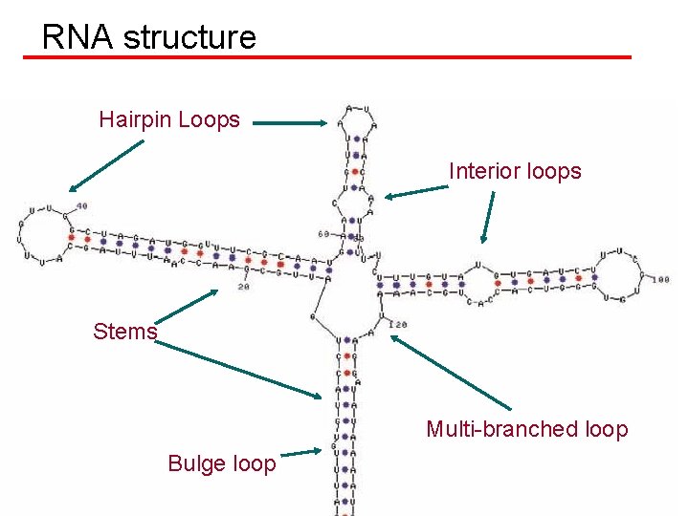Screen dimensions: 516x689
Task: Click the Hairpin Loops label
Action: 169,119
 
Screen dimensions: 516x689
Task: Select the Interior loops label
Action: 515,171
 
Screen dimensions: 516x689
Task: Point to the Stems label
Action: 124,332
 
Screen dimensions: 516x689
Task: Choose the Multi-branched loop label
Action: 526,429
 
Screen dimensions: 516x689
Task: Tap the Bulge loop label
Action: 221,463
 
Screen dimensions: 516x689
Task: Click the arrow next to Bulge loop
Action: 303,454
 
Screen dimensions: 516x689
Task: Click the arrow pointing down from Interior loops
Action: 489,218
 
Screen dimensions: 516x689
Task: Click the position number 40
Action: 81,205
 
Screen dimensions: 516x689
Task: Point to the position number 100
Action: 661,280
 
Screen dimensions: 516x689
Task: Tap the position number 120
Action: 398,325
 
